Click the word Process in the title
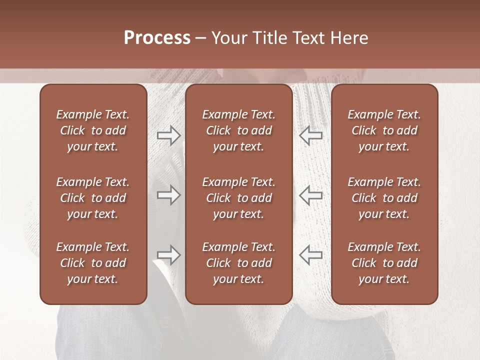click(157, 38)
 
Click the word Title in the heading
click(270, 38)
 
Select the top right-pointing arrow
click(168, 135)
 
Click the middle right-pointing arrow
click(168, 195)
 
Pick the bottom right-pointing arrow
click(168, 254)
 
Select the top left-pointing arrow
click(311, 135)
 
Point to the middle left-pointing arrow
click(311, 195)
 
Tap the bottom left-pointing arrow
click(311, 254)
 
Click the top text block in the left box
click(93, 130)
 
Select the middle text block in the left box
click(93, 198)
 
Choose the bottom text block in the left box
click(93, 263)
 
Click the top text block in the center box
click(238, 130)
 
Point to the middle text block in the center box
click(238, 198)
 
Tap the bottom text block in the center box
click(238, 263)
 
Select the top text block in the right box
click(384, 130)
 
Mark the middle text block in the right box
click(384, 198)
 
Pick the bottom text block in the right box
click(384, 263)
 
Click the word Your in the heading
click(229, 38)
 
